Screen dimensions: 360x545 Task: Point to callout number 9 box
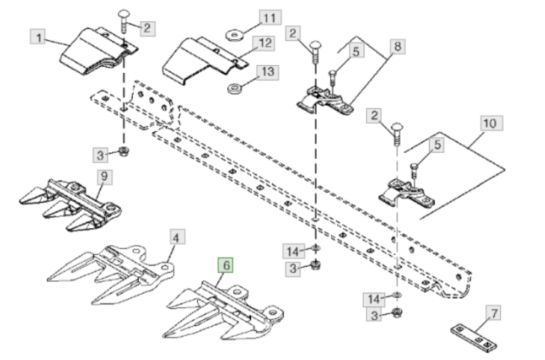103,177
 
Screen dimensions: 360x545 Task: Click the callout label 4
176,238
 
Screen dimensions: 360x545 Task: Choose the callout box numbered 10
489,124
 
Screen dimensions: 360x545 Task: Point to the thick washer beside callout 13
234,88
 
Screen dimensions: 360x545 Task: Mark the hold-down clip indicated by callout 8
325,102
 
